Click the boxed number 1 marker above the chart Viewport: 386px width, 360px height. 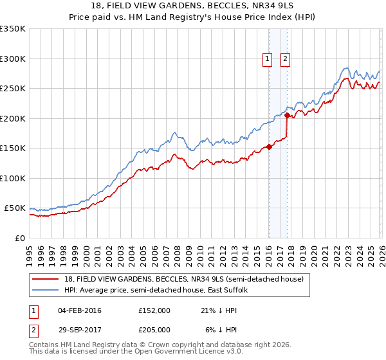point(267,59)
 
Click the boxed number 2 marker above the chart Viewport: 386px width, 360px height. point(285,59)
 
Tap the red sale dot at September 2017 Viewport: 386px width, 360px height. point(287,116)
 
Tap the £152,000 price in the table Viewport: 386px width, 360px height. point(154,310)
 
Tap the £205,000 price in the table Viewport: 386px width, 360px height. point(154,329)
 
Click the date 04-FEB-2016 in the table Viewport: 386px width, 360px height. point(80,310)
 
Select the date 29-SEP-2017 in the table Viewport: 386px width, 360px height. point(80,329)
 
